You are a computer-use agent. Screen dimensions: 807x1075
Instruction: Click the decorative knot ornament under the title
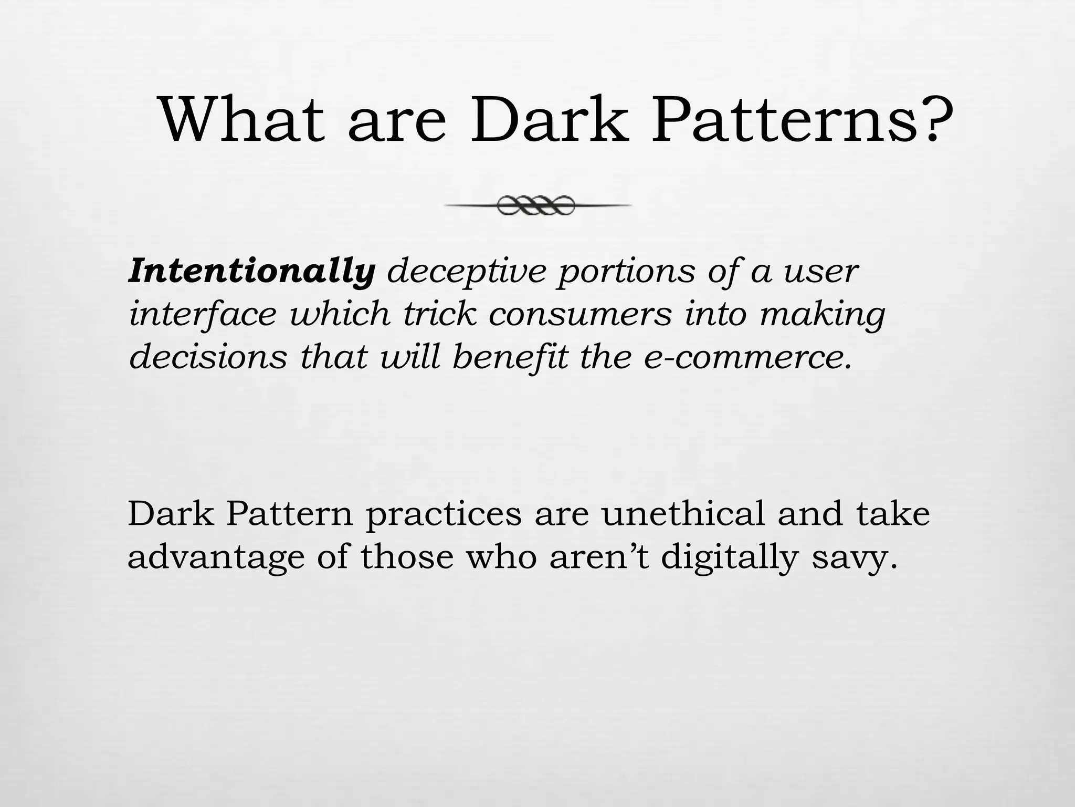click(x=536, y=205)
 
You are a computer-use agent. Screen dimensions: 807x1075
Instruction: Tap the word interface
click(x=203, y=314)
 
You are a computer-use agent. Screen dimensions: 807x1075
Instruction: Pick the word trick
click(x=439, y=314)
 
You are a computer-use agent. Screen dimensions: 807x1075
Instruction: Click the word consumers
click(x=580, y=314)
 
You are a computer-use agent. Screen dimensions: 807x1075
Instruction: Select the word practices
click(x=444, y=514)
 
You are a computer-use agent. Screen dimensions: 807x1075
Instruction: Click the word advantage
click(x=216, y=557)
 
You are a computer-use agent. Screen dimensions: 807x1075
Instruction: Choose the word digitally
click(x=730, y=557)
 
